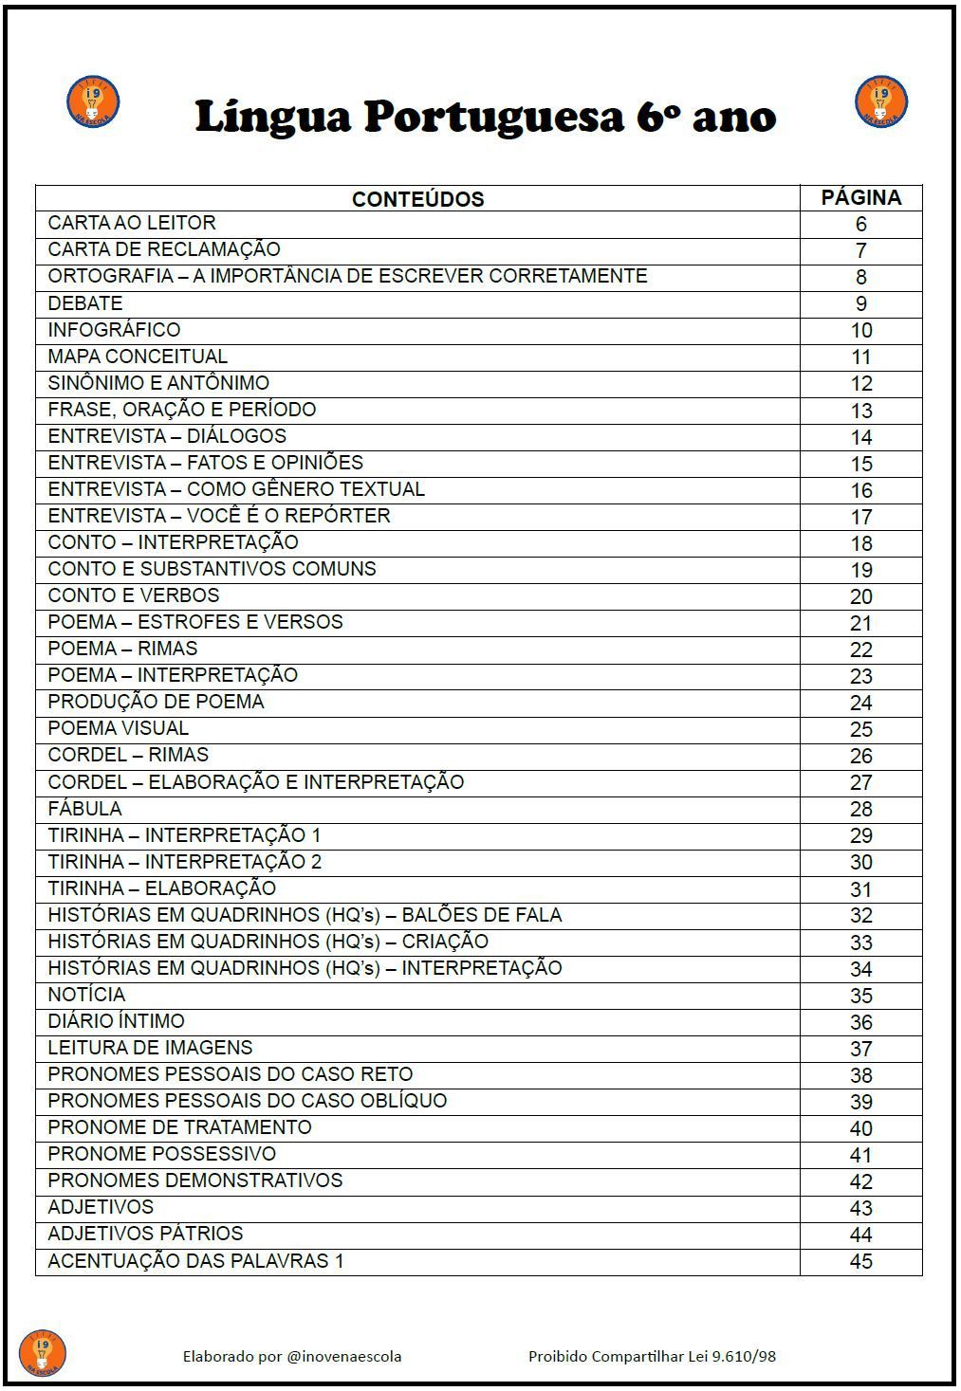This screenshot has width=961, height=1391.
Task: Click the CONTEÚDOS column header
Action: coord(417,199)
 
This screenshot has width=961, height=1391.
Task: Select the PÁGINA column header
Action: coord(860,197)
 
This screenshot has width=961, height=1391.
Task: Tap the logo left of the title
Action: coord(93,102)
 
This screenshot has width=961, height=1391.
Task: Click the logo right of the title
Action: coord(881,102)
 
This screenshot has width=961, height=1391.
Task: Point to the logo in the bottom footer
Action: coord(43,1353)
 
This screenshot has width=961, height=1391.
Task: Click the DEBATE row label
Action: coord(85,303)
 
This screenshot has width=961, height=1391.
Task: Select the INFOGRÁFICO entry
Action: coord(114,330)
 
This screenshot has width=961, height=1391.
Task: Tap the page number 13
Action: coord(861,411)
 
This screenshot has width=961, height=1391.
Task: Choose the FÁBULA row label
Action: coord(84,809)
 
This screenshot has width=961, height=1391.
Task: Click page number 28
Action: coord(861,809)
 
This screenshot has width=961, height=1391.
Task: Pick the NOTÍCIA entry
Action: coord(86,995)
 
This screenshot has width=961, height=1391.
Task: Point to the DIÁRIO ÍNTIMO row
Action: coord(116,1021)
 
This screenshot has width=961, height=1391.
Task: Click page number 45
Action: coord(861,1261)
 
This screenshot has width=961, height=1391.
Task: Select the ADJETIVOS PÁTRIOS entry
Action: coord(145,1234)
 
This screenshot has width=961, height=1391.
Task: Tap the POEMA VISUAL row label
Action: coord(119,728)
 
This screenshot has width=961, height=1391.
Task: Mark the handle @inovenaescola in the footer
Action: coord(343,1356)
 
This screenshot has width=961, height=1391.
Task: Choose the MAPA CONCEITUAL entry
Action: coord(138,357)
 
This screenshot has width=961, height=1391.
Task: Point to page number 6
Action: coord(861,224)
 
